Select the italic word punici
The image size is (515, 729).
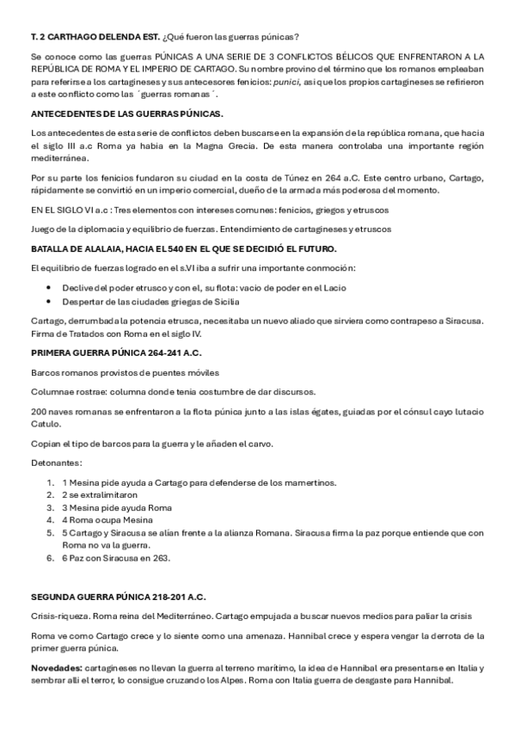click(280, 81)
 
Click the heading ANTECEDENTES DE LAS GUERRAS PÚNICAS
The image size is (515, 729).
click(126, 113)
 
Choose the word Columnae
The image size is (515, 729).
click(51, 391)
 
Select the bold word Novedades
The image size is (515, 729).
click(56, 668)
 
